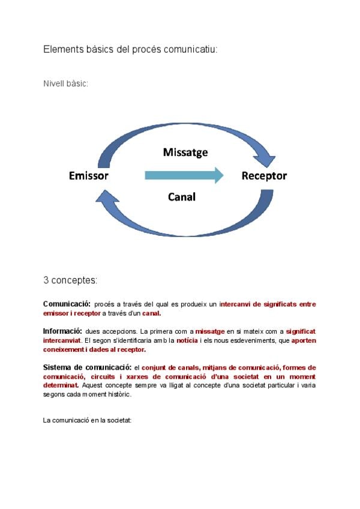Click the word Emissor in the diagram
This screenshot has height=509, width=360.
tap(88, 176)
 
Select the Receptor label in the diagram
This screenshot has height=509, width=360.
tap(264, 176)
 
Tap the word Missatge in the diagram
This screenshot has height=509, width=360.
tap(185, 152)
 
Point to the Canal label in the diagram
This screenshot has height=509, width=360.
tap(182, 196)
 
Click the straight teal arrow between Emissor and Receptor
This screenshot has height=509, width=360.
tap(184, 175)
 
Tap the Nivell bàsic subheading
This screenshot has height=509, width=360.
tap(65, 84)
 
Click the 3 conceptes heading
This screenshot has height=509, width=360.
tap(70, 280)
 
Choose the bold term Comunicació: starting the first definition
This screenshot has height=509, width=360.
tap(67, 304)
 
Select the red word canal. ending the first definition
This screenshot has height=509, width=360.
tap(151, 313)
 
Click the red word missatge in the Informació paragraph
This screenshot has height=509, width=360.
tap(210, 331)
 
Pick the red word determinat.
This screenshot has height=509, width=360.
tap(60, 385)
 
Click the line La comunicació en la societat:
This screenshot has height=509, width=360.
tap(87, 420)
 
